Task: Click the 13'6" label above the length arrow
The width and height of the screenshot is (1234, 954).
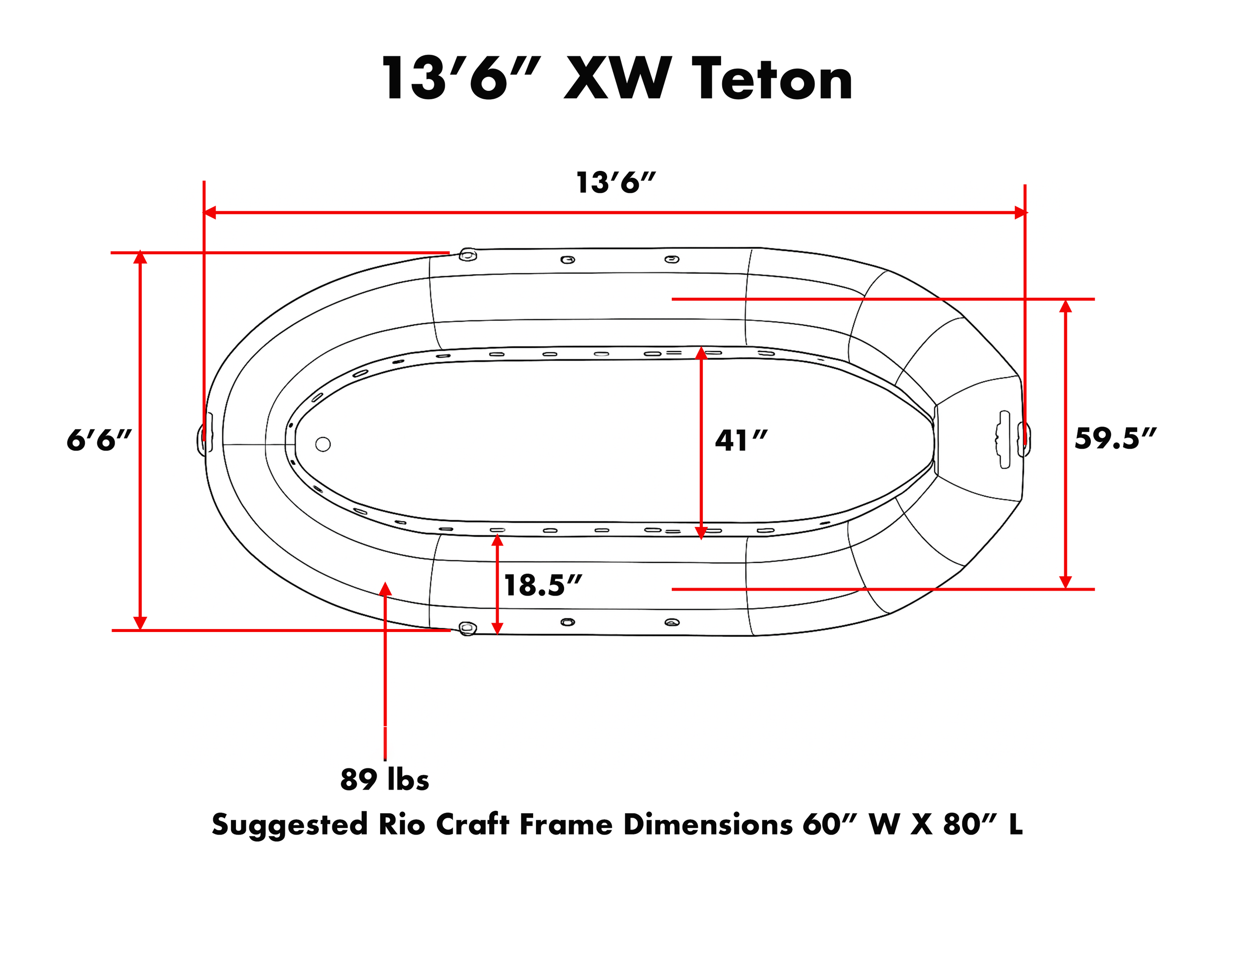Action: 616,183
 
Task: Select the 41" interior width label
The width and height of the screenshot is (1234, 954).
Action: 741,441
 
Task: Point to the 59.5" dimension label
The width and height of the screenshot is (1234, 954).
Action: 1115,438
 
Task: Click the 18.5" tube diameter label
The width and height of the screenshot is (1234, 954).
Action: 542,586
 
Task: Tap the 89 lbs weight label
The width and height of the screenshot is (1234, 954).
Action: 384,780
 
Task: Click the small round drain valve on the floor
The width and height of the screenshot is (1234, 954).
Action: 323,444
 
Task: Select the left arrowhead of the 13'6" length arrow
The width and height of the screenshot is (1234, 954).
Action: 210,212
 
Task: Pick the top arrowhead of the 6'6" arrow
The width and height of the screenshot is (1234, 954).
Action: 140,258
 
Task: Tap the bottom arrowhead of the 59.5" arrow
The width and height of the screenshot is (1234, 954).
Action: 1066,582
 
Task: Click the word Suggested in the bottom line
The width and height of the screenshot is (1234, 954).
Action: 289,825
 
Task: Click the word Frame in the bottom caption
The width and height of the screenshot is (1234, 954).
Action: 566,825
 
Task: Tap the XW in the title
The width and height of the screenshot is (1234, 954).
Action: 617,79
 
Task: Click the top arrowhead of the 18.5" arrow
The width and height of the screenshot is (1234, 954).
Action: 497,540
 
